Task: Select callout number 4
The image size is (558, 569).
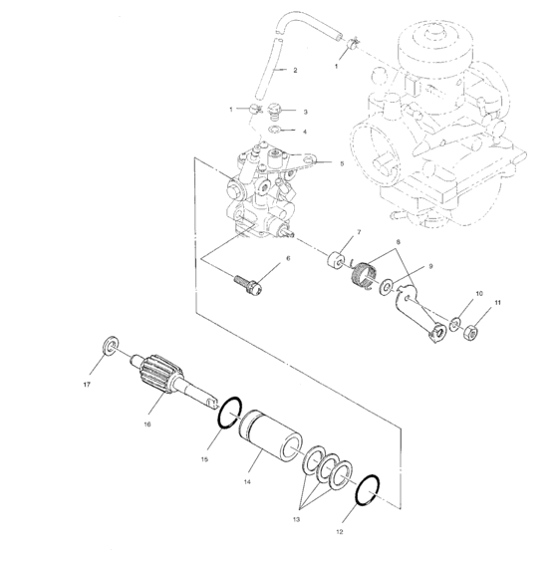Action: [x=306, y=132]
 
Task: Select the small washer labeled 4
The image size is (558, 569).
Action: [x=279, y=131]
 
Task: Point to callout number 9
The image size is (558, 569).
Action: [x=430, y=267]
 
